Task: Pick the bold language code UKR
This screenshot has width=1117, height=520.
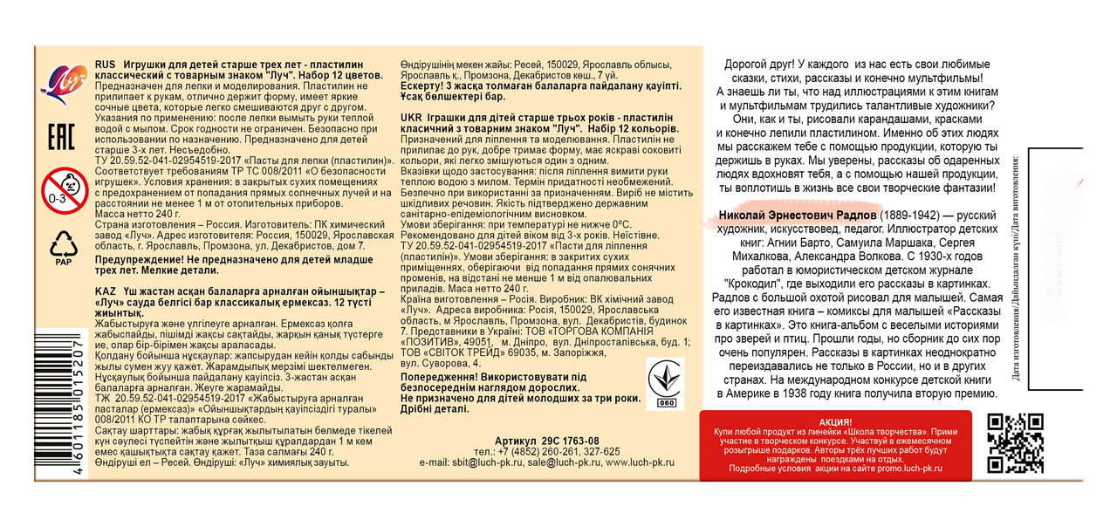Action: click(415, 117)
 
